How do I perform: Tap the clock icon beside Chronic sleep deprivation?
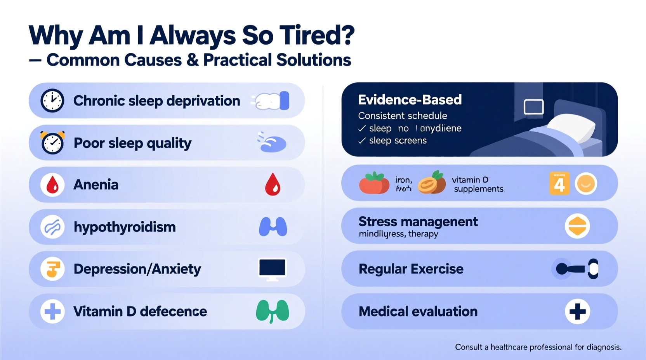pyautogui.click(x=52, y=101)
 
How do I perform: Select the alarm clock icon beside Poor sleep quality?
pyautogui.click(x=52, y=143)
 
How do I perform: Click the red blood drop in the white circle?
pyautogui.click(x=52, y=185)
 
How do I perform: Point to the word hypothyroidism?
pyautogui.click(x=125, y=227)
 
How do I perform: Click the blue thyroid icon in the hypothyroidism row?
pyautogui.click(x=273, y=227)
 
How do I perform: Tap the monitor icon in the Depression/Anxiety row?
pyautogui.click(x=272, y=269)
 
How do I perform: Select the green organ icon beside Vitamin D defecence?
pyautogui.click(x=273, y=311)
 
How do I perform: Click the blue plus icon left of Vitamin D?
pyautogui.click(x=52, y=311)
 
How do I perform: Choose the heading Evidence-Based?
pyautogui.click(x=410, y=100)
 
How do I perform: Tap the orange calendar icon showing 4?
pyautogui.click(x=559, y=183)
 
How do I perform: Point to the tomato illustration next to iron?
pyautogui.click(x=374, y=183)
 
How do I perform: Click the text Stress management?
pyautogui.click(x=418, y=222)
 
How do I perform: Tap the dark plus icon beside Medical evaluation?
pyautogui.click(x=577, y=311)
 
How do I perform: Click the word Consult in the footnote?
pyautogui.click(x=469, y=347)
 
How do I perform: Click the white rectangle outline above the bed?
pyautogui.click(x=533, y=107)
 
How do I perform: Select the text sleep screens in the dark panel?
pyautogui.click(x=398, y=140)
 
